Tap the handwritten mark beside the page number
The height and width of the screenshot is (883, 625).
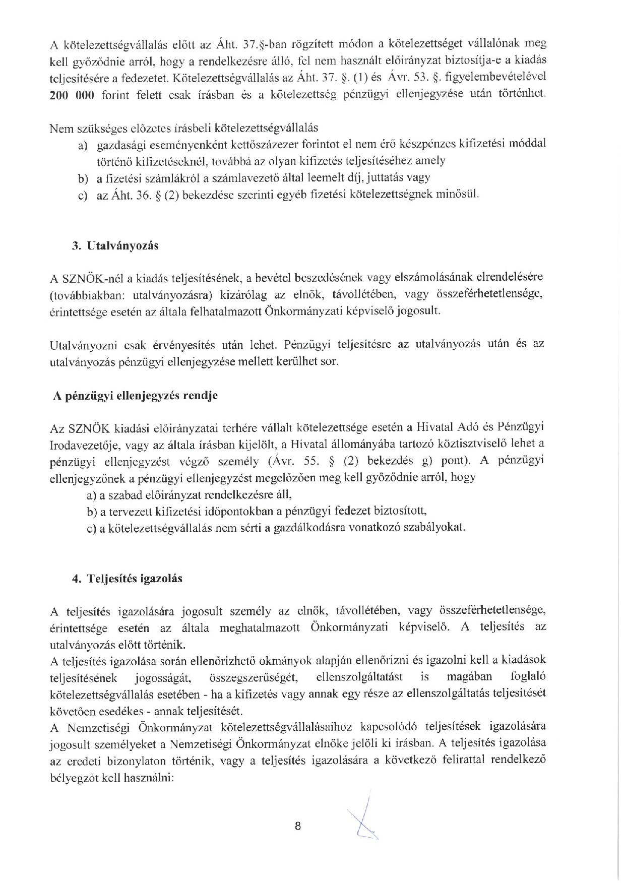click(x=364, y=818)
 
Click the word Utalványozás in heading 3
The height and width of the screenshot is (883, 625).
click(x=122, y=246)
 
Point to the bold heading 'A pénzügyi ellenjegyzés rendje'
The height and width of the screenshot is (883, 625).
click(x=136, y=396)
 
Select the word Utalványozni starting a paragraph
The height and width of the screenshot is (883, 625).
click(x=84, y=345)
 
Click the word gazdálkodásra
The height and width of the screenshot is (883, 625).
click(x=354, y=528)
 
